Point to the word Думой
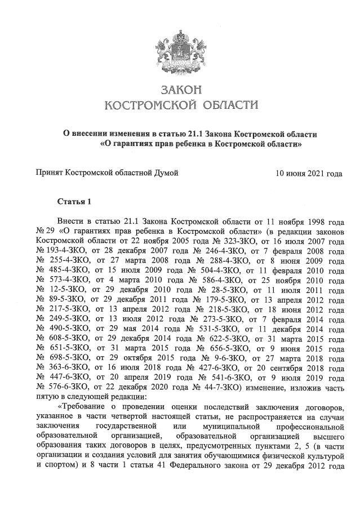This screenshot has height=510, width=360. (x=166, y=173)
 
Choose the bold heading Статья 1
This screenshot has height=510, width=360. (x=74, y=201)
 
